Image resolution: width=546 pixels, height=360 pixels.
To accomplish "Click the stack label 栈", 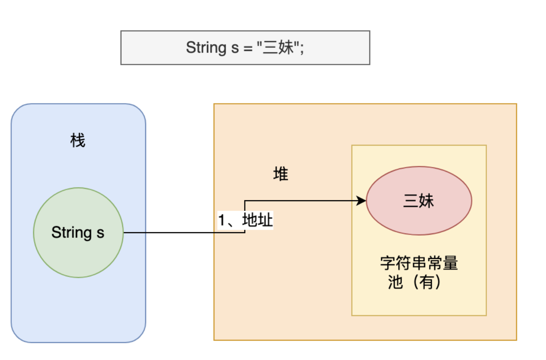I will point(78,142).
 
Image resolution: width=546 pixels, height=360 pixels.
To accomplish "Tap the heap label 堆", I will point(281,174).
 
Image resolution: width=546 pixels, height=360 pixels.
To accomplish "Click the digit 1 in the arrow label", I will point(222,221).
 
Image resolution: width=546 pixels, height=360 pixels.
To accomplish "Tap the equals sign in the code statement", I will point(248,48).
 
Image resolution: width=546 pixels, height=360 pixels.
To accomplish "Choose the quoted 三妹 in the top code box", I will point(277,48).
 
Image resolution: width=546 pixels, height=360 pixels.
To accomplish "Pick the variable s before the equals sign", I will point(234,48).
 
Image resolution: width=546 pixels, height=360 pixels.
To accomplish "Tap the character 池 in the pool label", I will point(396,282).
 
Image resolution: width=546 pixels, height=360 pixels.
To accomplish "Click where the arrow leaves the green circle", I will point(123,233).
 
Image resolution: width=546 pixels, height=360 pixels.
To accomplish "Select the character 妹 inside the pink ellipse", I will point(426,201).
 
